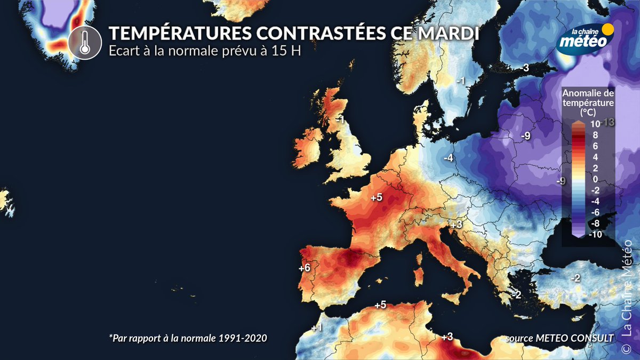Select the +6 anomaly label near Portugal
coord(305,268)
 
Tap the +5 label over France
coord(377,197)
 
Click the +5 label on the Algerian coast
coord(380,305)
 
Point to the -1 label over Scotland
coord(339,120)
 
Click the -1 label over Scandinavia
coord(461,81)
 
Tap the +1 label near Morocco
coord(316,327)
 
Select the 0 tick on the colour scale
coord(595,179)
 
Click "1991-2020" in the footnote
coord(245,338)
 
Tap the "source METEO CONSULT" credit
coord(559,338)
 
